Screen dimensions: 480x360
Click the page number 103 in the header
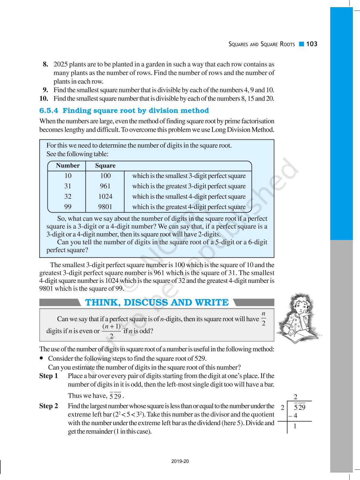coord(312,44)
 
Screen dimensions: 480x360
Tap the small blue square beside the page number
coord(301,44)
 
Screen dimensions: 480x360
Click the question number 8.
coord(45,64)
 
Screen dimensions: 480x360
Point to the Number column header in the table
coord(68,166)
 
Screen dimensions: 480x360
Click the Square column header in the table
coord(105,166)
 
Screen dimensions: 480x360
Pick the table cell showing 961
coord(105,186)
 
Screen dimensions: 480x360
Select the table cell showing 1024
coord(105,197)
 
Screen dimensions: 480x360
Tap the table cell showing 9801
coord(105,207)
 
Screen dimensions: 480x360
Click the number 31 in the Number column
coord(68,186)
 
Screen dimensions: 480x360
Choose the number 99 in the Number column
coord(68,207)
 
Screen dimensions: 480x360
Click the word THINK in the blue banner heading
coord(102,303)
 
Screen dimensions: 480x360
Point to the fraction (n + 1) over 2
coord(111,331)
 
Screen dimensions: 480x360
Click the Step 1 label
coord(49,376)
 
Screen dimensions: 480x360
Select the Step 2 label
coord(49,406)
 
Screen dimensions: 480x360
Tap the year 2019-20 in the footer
coord(180,461)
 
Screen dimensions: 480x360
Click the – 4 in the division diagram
coord(293,416)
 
